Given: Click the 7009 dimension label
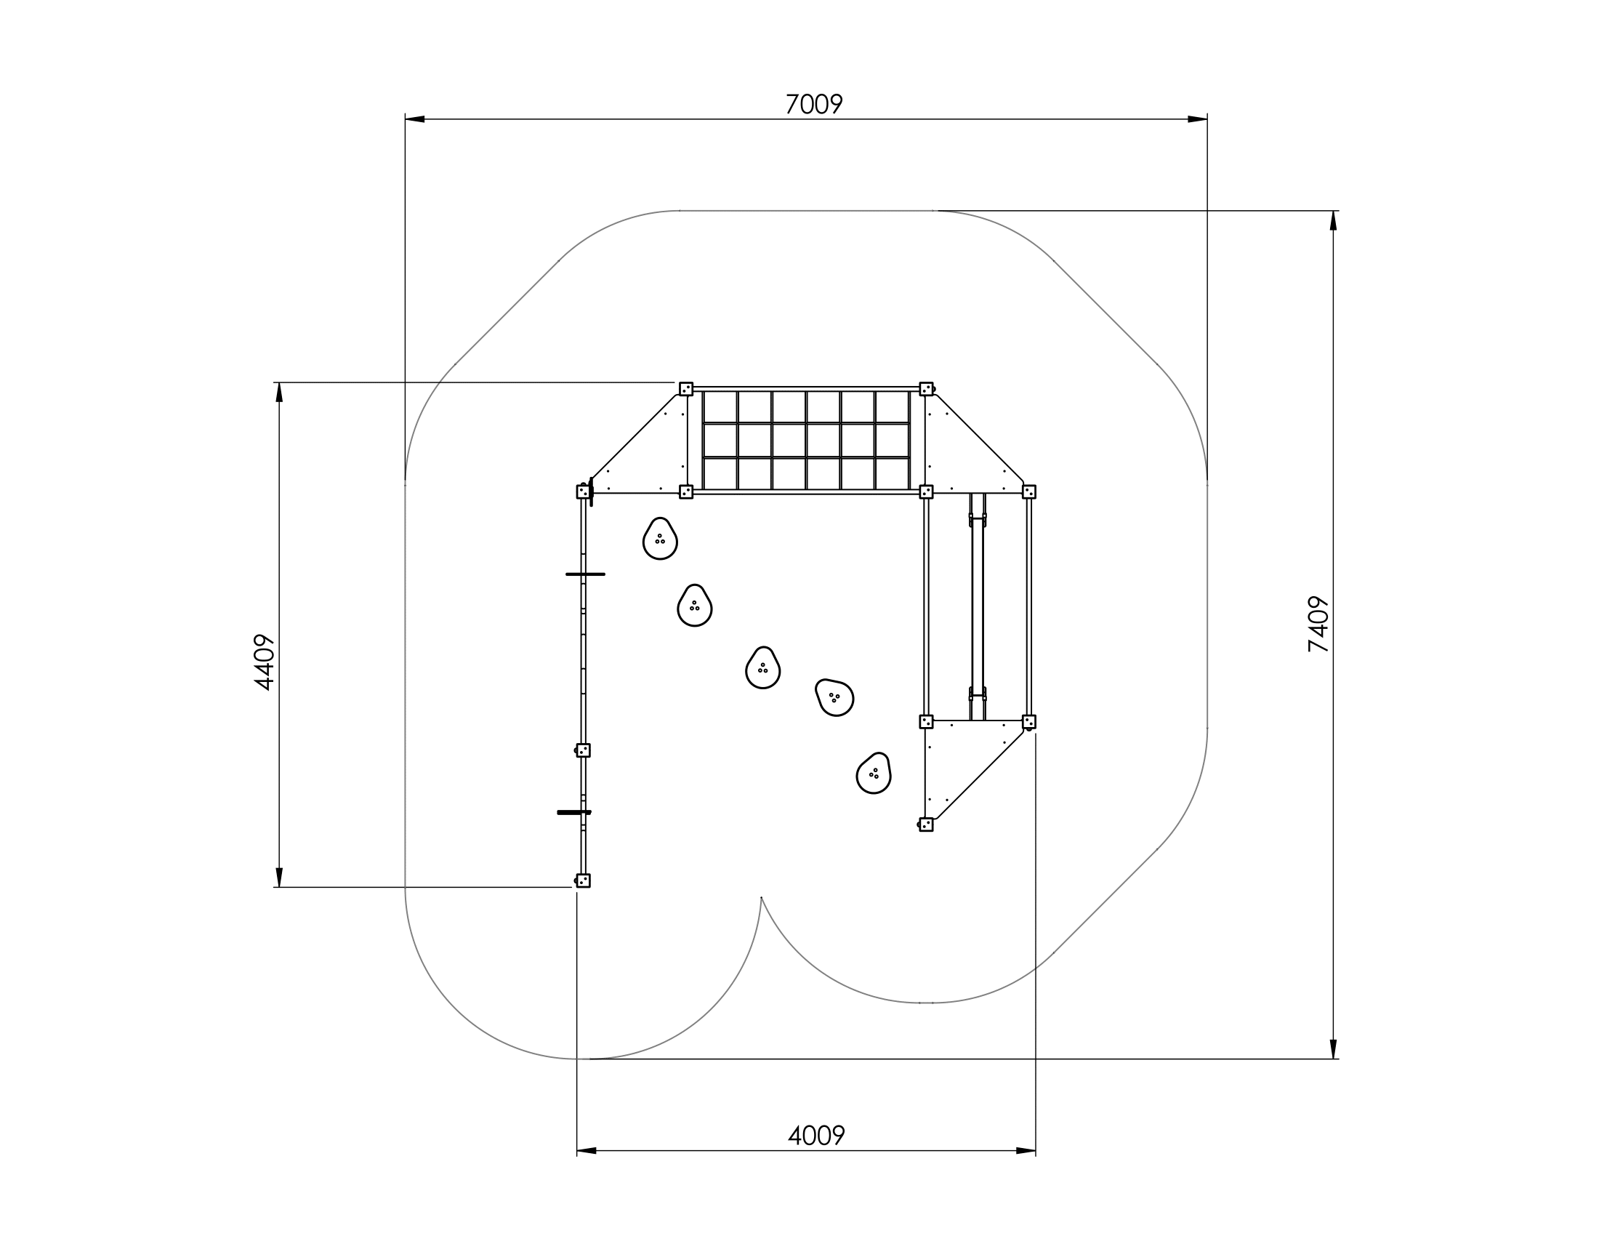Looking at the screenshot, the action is point(814,105).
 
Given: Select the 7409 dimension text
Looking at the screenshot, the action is point(1318,624).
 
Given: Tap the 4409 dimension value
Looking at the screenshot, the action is point(265,662).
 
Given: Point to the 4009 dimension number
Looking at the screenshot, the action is point(816,1136).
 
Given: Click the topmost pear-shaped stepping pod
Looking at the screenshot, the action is point(661,538).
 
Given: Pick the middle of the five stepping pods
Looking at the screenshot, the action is point(763,667).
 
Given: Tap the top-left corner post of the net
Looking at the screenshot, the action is point(686,389).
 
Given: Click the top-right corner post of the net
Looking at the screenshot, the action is point(926,389).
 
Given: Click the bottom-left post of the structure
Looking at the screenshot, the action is point(583,880).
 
